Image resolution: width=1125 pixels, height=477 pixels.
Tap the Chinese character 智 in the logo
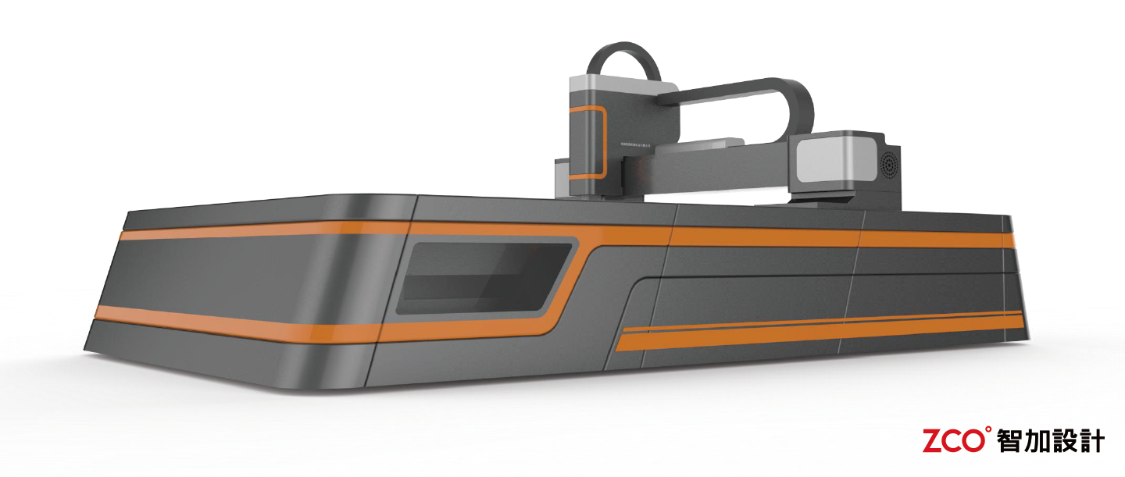(x=1011, y=441)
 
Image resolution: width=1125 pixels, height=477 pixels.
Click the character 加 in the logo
(x=1038, y=441)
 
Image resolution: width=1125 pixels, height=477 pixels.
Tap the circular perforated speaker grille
(x=888, y=166)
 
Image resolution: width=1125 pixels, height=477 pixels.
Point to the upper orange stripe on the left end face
(x=234, y=231)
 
